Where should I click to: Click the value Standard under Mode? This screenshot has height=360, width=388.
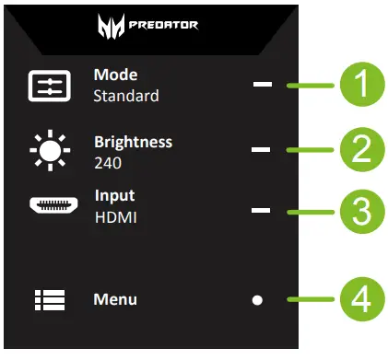[x=126, y=96]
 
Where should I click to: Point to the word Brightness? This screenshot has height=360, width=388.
[x=133, y=143]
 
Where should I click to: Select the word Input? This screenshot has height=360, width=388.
[x=114, y=196]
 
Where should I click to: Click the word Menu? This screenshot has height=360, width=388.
[x=115, y=299]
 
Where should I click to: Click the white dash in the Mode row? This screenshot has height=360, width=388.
[x=263, y=86]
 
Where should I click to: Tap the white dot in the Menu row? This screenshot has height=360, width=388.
[x=258, y=300]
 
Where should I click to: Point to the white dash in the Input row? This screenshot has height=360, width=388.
[x=261, y=211]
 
